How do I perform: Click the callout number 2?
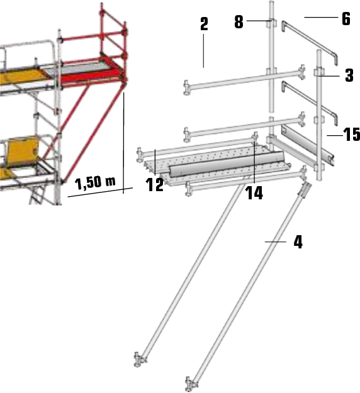[x=204, y=25]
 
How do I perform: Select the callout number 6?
[x=346, y=18]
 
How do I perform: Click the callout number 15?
[x=350, y=135]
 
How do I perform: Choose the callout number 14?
[x=254, y=193]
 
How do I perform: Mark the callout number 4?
[x=298, y=241]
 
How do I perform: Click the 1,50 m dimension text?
[x=96, y=183]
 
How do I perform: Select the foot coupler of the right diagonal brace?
[x=192, y=380]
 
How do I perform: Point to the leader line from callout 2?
[x=204, y=50]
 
